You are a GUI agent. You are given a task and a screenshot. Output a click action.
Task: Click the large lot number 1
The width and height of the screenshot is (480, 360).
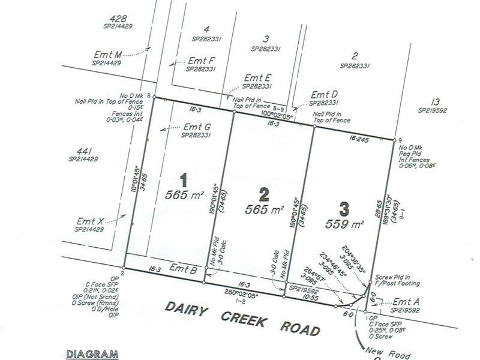(185, 179)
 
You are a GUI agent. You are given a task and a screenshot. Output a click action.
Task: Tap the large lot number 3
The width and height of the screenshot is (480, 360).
(343, 210)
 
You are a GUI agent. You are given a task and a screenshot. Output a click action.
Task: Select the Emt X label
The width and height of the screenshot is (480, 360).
(90, 221)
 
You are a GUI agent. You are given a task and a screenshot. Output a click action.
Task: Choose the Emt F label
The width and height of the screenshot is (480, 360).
(201, 61)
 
